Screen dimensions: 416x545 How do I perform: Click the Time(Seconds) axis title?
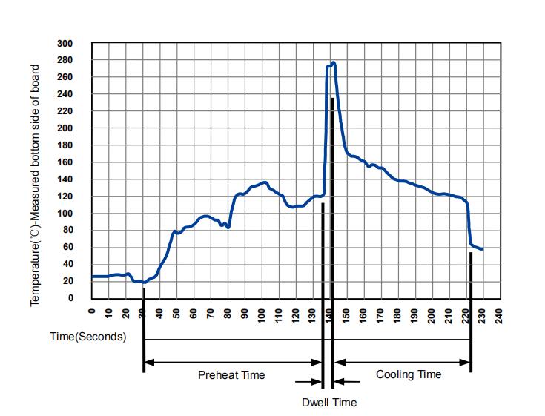tap(87, 336)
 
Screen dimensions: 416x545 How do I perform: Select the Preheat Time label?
tap(231, 375)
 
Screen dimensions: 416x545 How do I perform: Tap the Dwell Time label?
tap(329, 403)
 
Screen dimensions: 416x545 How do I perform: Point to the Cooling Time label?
tap(409, 374)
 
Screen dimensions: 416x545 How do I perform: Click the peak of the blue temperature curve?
tap(334, 63)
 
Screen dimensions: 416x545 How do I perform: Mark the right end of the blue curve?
tap(482, 249)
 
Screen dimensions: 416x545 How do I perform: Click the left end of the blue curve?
tap(92, 277)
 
